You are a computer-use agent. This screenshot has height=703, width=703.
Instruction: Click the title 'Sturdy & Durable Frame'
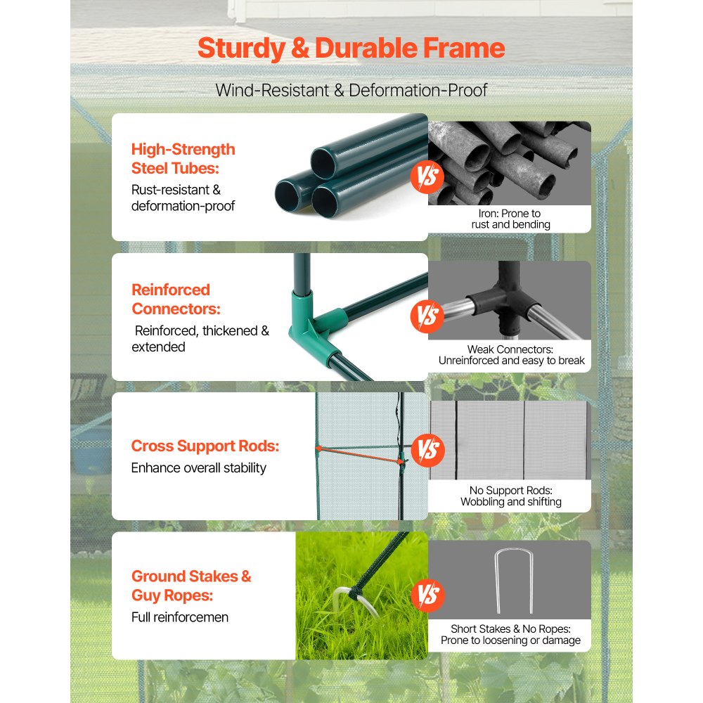pos(351,49)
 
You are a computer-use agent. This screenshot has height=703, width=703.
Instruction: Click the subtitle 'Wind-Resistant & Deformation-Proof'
pos(351,90)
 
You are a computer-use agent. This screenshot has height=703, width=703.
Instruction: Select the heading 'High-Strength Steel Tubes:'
pos(183,158)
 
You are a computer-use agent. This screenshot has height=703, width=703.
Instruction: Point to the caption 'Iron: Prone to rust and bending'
pos(510,219)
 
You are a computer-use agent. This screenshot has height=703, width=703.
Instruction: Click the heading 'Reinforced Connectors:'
pos(171,299)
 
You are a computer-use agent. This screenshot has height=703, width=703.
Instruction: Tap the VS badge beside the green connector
pos(427,316)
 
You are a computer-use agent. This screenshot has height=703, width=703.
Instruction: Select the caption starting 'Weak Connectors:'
pos(511,355)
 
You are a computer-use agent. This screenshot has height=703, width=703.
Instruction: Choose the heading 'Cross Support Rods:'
pos(205,446)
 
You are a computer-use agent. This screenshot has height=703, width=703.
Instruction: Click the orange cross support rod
pos(359,454)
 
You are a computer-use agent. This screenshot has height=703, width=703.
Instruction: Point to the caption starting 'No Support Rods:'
pos(511,496)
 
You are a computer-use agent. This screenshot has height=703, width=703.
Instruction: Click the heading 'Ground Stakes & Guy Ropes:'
pos(191,586)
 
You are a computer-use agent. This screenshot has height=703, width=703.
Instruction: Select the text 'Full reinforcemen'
pos(180,617)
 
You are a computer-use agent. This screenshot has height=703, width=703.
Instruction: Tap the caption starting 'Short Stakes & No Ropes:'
pos(511,635)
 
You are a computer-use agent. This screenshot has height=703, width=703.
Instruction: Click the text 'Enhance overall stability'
pos(199,467)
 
